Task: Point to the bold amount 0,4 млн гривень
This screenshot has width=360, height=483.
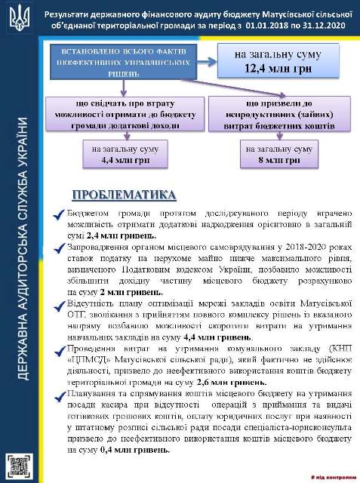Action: (x=134, y=449)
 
